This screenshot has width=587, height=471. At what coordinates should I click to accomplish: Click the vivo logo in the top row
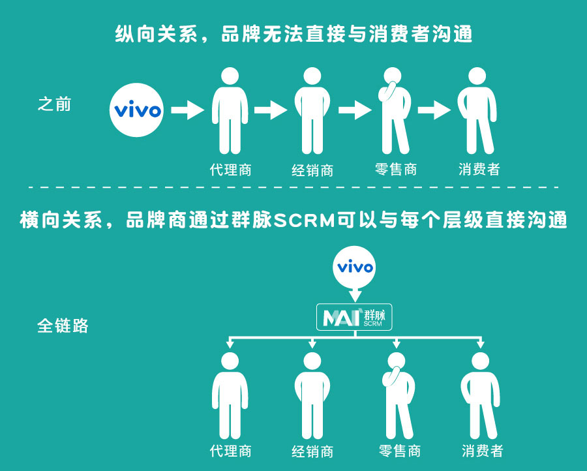137,110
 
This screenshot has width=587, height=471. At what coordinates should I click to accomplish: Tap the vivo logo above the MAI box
354,267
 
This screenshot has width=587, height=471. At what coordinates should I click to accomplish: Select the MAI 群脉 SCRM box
354,317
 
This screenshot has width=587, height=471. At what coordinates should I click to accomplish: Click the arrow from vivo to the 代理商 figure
188,110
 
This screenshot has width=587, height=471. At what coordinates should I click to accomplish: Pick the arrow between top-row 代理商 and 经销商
271,110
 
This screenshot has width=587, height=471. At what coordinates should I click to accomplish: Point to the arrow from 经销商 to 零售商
355,110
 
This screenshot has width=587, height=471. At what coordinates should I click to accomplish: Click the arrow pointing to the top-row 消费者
434,110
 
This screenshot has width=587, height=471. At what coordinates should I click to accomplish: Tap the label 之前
55,104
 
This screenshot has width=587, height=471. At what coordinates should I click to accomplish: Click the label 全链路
63,326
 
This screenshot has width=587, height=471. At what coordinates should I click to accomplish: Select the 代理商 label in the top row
231,170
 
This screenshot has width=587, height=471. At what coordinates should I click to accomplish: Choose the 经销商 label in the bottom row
312,451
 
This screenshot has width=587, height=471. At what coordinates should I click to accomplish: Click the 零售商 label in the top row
396,169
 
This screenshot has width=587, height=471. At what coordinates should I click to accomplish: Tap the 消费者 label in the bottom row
483,451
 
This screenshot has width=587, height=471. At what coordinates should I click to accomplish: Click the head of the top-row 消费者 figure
477,76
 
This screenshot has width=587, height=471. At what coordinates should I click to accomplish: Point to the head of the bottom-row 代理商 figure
230,361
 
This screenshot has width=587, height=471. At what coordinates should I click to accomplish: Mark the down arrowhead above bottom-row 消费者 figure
480,344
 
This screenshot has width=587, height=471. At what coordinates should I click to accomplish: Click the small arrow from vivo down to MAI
355,295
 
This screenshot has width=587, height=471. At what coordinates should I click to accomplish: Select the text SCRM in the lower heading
305,220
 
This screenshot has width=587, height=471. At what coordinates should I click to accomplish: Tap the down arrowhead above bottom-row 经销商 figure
312,344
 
